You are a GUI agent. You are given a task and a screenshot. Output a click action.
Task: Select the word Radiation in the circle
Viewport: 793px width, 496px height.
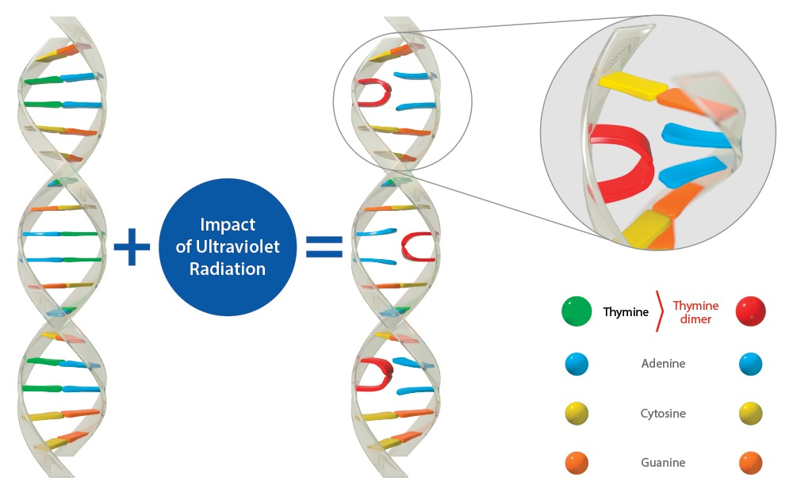(228, 269)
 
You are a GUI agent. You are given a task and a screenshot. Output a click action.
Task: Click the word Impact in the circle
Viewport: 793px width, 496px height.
(228, 225)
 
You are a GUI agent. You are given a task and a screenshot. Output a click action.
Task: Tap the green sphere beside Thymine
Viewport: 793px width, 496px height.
(577, 311)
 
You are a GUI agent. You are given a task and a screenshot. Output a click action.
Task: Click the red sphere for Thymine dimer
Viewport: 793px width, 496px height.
(749, 311)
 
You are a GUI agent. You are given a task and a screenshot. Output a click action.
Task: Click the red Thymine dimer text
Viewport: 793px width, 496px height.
(695, 311)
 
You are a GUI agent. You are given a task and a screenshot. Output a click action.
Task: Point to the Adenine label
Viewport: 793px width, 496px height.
(663, 364)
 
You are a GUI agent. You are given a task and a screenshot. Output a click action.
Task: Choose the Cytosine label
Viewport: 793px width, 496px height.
(663, 414)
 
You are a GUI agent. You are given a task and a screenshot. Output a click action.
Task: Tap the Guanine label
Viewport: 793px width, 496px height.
(663, 462)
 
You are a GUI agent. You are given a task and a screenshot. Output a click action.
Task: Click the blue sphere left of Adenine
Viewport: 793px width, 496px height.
(577, 364)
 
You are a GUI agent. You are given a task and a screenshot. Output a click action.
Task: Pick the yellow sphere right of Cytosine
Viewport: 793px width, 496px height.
(749, 414)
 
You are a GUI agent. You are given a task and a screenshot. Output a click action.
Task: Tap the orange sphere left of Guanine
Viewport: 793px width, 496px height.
(577, 463)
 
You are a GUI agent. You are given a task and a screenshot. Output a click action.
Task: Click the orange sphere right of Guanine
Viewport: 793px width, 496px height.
(749, 463)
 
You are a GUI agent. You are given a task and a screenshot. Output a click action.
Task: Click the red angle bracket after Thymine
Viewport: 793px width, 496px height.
(658, 311)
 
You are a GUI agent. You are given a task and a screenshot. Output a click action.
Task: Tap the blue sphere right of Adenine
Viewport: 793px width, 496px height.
(749, 364)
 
